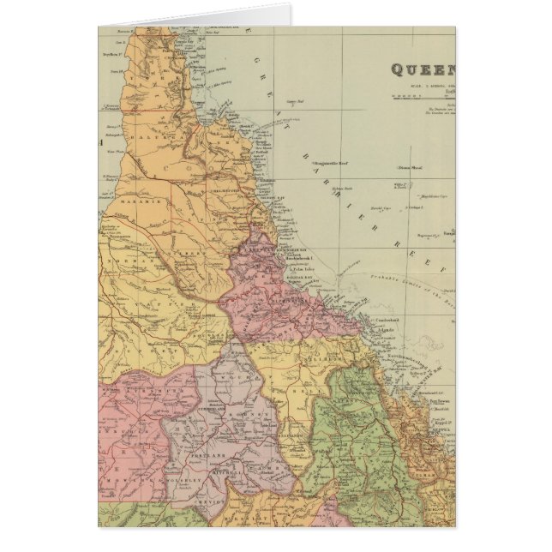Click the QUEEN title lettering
423,69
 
